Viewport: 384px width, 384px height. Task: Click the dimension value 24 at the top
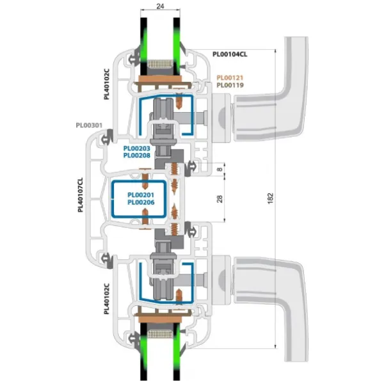point(160,6)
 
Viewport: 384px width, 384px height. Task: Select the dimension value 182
point(270,198)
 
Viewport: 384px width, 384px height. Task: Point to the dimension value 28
point(220,199)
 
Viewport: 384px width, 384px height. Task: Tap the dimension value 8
point(220,169)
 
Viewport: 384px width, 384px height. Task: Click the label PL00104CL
point(230,54)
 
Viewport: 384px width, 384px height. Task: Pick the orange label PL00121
point(230,77)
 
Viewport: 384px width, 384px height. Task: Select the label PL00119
point(230,85)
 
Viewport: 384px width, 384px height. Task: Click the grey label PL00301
point(89,125)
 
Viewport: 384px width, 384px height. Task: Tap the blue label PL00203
point(137,148)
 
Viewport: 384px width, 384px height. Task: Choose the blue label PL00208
point(137,156)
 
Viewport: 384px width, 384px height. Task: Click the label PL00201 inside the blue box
point(141,195)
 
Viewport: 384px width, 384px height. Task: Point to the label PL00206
point(141,202)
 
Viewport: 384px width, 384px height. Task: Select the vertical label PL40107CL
point(81,195)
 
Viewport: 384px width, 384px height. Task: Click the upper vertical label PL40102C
point(106,84)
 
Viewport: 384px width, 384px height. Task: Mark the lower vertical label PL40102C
point(106,299)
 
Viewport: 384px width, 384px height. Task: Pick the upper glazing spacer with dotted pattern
point(160,63)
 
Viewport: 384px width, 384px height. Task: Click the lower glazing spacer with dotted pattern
point(160,333)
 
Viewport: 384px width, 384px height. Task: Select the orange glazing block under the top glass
point(160,79)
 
